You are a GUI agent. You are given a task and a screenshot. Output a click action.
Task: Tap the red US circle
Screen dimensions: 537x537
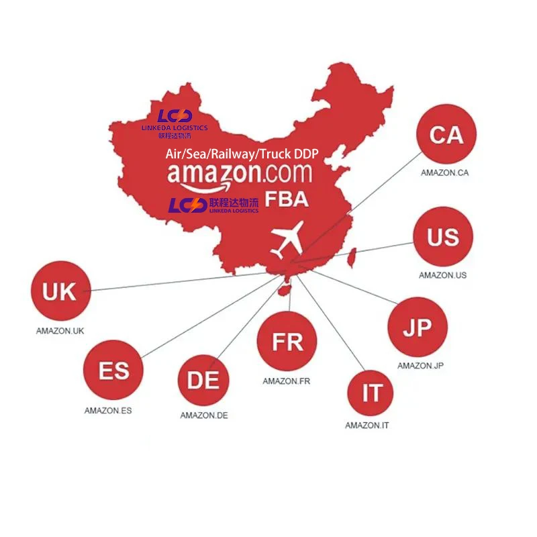pos(442,237)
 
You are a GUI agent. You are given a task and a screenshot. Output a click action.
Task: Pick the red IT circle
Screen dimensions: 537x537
pos(372,393)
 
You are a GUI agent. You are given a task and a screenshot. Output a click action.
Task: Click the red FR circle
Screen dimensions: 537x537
pos(287,342)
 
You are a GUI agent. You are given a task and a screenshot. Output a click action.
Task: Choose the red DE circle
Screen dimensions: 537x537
pos(203,381)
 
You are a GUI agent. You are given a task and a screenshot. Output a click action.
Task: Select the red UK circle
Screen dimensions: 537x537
pos(60,292)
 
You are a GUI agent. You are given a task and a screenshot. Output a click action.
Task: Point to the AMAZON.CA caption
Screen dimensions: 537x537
pos(444,173)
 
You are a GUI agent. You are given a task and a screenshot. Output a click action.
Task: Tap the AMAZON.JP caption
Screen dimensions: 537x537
pos(420,366)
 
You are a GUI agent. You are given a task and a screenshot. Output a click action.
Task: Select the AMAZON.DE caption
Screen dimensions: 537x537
pos(203,416)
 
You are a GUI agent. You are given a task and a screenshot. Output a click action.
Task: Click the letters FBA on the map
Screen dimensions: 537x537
pos(287,199)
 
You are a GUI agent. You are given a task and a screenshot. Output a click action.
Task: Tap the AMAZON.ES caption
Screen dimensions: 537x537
pos(108,410)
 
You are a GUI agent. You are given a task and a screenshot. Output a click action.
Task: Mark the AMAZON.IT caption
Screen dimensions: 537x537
pos(367,426)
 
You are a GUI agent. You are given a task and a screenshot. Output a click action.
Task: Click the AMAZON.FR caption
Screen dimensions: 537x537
pos(287,381)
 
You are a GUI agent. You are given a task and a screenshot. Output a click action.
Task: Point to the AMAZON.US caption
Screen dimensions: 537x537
pos(443,275)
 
